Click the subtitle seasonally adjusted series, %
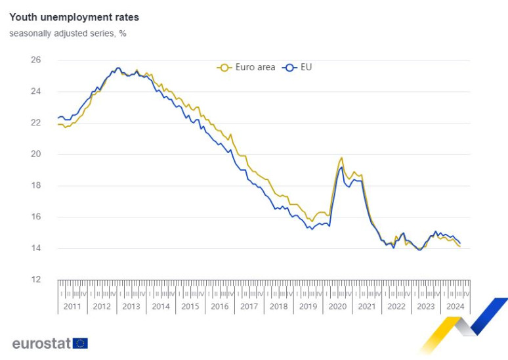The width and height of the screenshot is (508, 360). [x=68, y=34]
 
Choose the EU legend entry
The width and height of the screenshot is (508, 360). [x=299, y=67]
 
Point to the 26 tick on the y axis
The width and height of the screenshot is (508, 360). [x=36, y=60]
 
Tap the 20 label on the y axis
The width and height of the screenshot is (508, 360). [x=36, y=154]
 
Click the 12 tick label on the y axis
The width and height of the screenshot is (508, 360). [x=36, y=279]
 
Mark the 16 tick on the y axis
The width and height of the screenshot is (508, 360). [x=36, y=217]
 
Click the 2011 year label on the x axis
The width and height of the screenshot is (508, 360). [x=72, y=306]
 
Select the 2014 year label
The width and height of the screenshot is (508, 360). [x=161, y=306]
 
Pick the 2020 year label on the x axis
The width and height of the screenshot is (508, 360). [x=337, y=306]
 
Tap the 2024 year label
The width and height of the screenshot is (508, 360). [x=455, y=306]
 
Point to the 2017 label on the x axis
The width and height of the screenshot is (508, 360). [x=249, y=306]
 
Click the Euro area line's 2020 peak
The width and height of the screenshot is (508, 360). [x=341, y=158]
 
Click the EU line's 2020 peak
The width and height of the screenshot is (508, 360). [x=341, y=167]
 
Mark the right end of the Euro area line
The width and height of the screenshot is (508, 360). [x=459, y=246]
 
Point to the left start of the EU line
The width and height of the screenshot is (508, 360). [x=58, y=118]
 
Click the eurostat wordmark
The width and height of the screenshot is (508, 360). [x=41, y=343]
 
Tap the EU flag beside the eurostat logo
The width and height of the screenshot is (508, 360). [x=80, y=343]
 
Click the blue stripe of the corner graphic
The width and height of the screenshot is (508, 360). [x=489, y=315]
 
